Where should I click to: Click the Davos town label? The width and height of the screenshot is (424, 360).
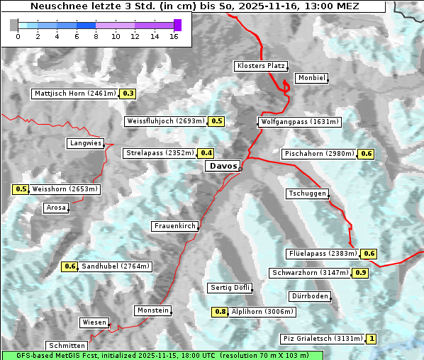(223, 166)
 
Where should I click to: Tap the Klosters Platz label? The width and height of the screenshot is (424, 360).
(260, 66)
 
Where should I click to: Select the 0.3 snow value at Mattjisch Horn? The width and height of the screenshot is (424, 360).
(128, 94)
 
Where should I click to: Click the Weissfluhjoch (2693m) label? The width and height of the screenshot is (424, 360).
(165, 121)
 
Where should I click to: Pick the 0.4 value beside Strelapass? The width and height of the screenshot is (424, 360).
(206, 153)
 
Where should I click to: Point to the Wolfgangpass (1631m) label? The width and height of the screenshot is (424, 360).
(299, 122)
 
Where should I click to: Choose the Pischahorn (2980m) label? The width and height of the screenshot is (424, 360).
(318, 154)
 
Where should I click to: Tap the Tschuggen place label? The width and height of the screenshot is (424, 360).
(307, 193)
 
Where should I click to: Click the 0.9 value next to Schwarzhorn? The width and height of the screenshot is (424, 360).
(361, 273)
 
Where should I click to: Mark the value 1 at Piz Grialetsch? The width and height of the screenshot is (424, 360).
(372, 339)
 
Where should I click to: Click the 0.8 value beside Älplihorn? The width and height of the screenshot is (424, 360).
(221, 312)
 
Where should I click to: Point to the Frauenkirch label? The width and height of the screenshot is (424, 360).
(174, 226)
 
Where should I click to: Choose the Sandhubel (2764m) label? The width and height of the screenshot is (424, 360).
(116, 266)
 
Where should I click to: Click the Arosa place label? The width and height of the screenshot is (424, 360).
(55, 208)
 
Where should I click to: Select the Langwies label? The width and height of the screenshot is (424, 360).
(85, 143)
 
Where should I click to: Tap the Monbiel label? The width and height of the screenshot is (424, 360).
(311, 78)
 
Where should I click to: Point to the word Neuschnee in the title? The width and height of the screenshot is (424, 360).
(55, 6)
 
